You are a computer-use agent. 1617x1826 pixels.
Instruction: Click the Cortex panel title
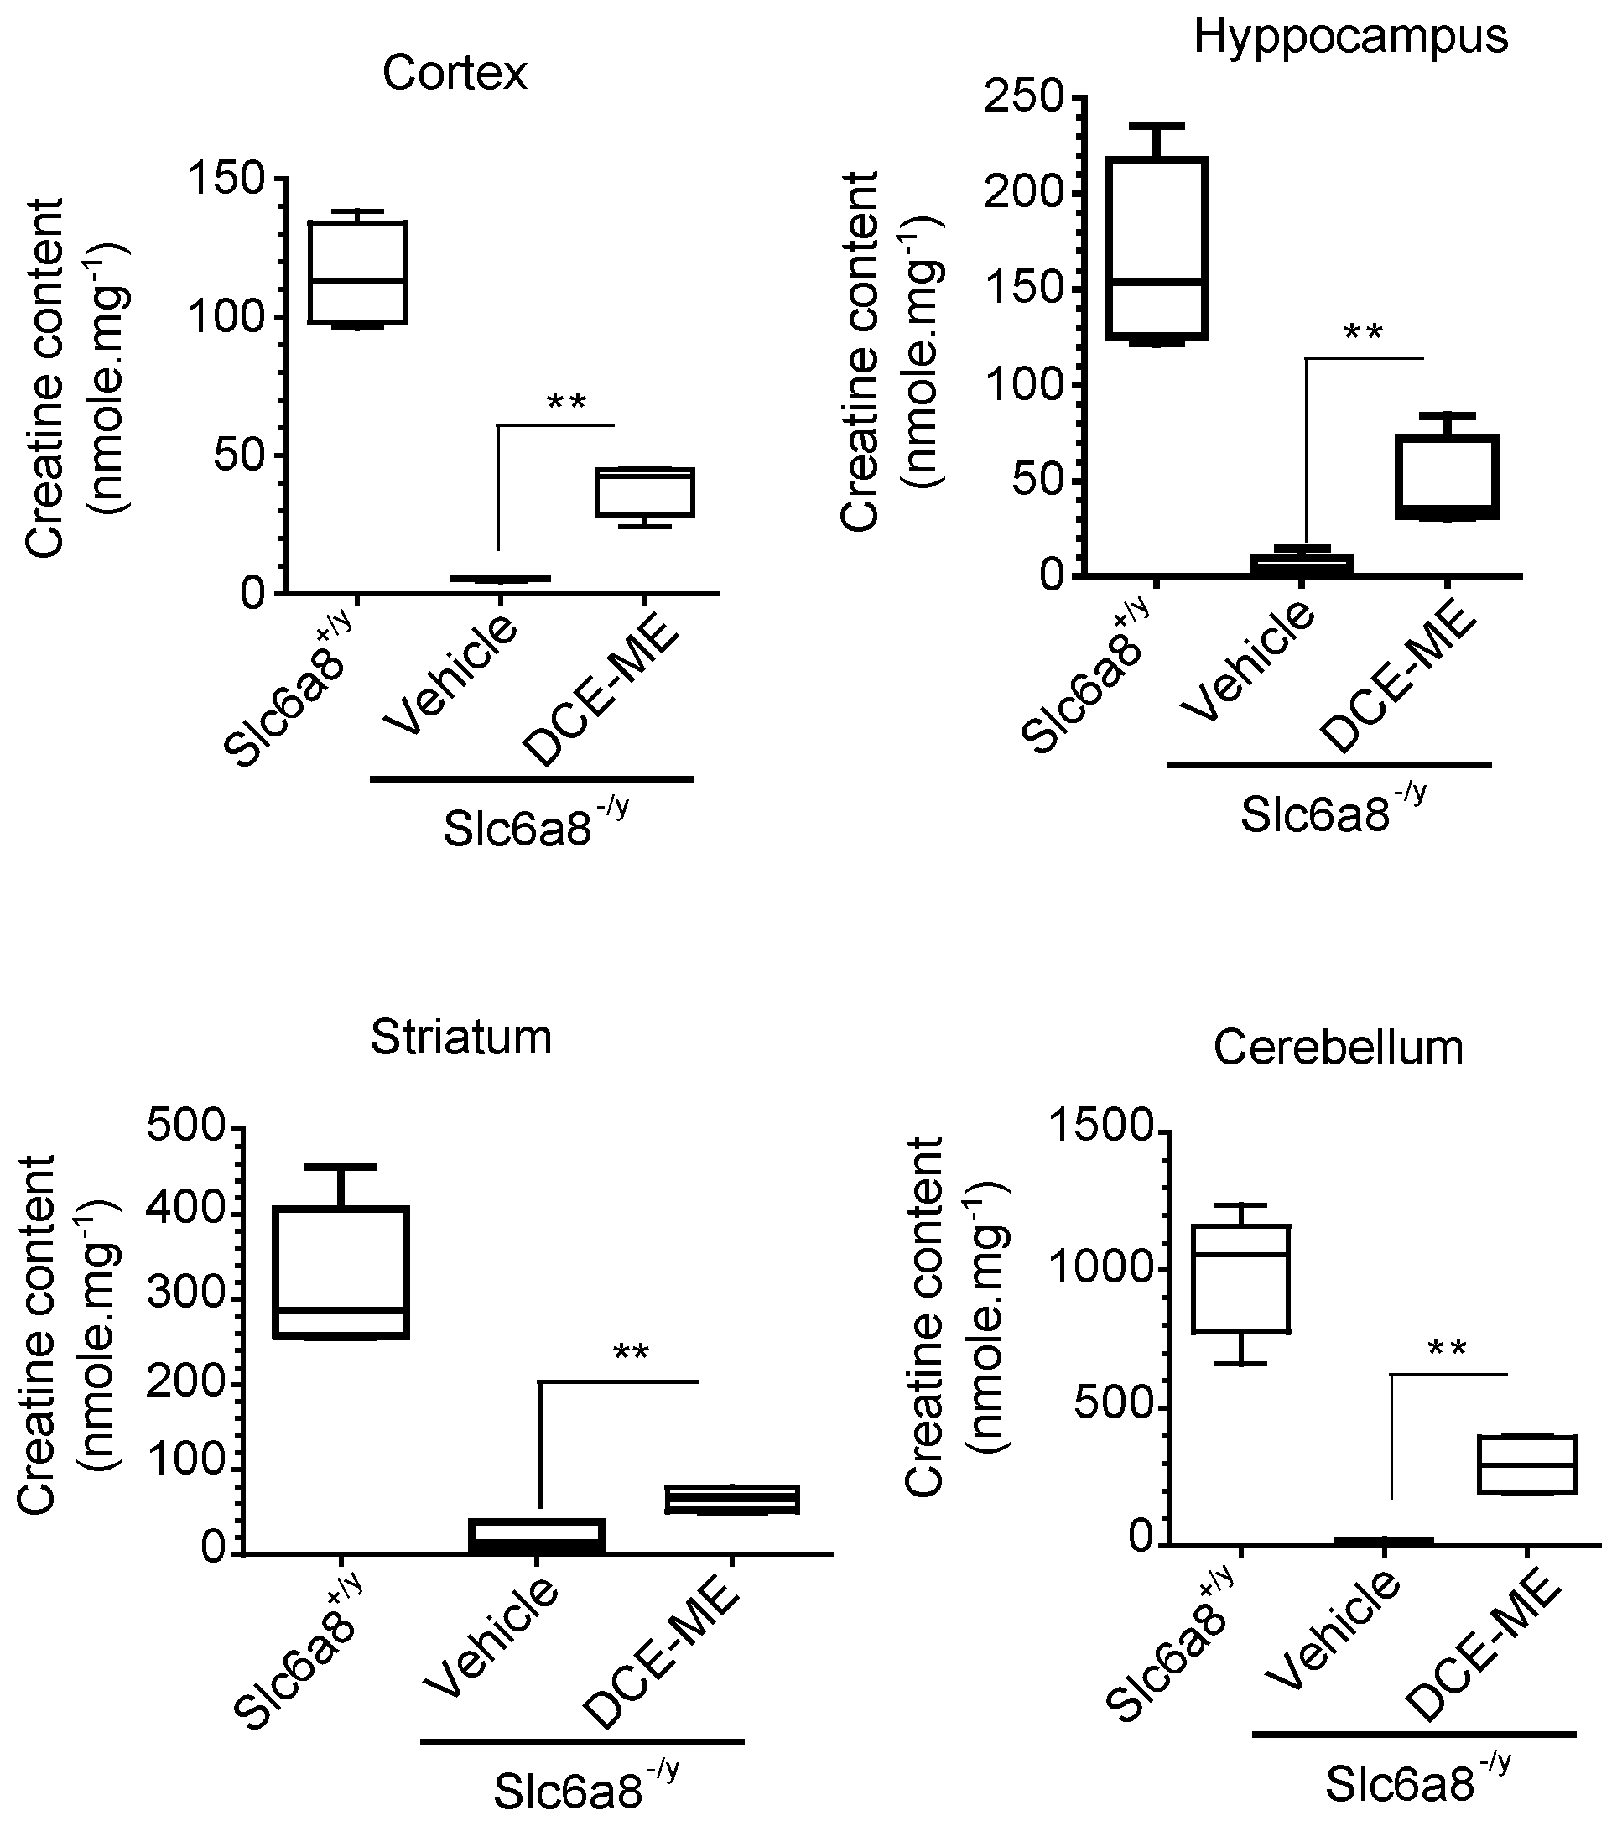[455, 73]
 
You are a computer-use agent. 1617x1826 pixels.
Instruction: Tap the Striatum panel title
[461, 1038]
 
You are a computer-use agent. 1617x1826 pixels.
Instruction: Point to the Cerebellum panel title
[1339, 1047]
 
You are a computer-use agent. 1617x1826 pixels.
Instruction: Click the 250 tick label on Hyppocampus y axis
[1025, 96]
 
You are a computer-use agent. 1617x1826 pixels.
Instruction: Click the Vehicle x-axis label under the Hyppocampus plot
[1248, 661]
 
